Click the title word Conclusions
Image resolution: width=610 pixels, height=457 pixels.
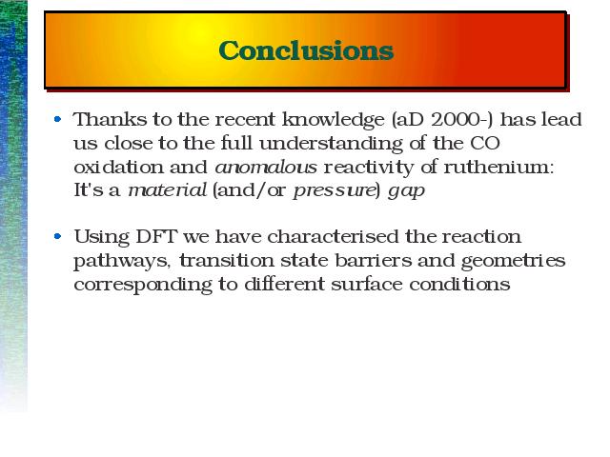(306, 50)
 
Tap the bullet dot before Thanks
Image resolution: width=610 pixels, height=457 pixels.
(57, 119)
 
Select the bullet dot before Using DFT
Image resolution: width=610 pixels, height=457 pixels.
(57, 236)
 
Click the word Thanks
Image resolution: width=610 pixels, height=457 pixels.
(111, 119)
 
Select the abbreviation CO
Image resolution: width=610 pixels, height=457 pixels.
(485, 143)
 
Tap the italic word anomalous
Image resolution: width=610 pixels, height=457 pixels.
(266, 168)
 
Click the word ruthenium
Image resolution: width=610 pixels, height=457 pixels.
(498, 168)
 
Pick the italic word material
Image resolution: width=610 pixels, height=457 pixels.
(168, 190)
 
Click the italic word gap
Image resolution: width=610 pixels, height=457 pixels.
(407, 192)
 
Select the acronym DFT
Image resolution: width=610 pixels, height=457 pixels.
(156, 236)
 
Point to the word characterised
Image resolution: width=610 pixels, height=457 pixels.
(333, 236)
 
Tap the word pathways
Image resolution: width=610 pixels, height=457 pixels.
(122, 261)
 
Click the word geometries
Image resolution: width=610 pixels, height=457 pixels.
(513, 261)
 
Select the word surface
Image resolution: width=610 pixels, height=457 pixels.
(366, 284)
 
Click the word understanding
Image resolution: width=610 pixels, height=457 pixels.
(331, 144)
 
